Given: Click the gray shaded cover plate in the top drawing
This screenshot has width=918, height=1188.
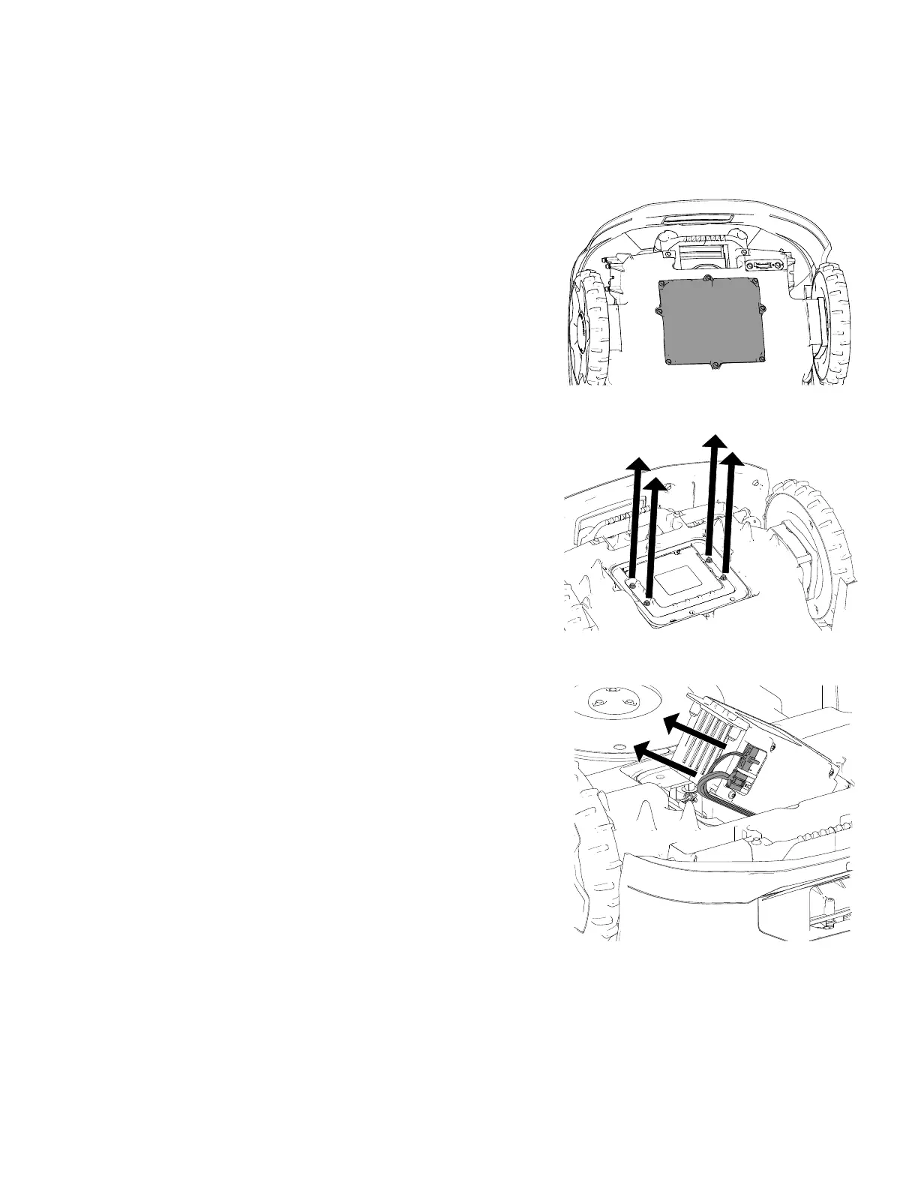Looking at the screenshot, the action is (709, 323).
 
